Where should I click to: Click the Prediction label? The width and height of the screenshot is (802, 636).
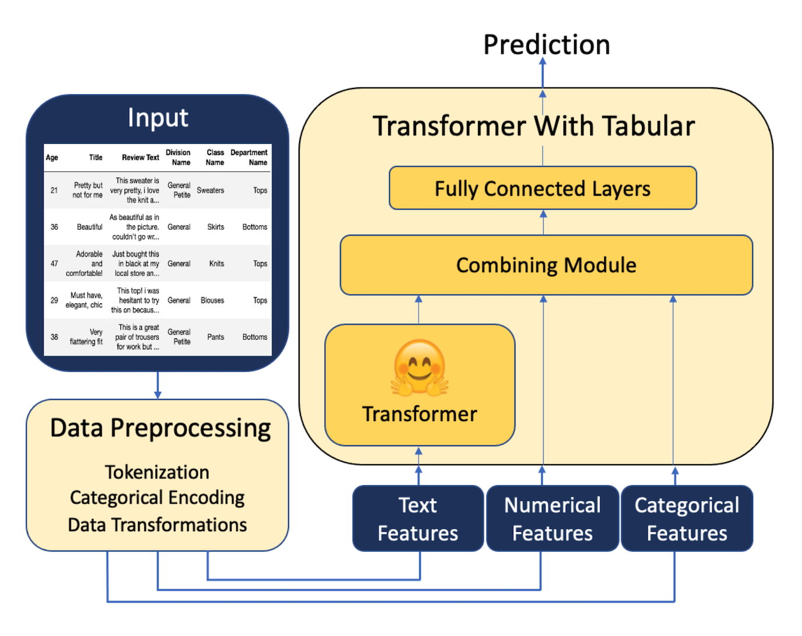point(547,45)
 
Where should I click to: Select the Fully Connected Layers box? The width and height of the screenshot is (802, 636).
point(542,188)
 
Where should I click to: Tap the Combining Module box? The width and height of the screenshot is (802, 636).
point(547,265)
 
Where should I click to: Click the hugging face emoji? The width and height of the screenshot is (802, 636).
point(420,368)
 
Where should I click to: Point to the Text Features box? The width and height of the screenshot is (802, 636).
point(418,518)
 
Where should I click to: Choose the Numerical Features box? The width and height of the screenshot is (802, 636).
point(553,518)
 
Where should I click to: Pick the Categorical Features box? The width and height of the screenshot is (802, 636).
point(687,518)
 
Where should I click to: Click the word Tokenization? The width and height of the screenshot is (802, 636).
point(157,472)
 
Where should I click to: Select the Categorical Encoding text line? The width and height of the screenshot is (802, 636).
point(157,499)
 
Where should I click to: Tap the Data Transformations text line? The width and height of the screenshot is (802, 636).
point(157,525)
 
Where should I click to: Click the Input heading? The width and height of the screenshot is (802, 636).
point(158,118)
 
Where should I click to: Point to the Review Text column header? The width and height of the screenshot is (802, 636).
point(140,157)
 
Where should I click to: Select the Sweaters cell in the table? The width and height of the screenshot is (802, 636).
point(211,190)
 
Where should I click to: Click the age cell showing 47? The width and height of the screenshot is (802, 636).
point(54,264)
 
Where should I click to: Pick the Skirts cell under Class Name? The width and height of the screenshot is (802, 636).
point(216,227)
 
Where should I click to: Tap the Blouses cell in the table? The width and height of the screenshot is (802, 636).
point(212,301)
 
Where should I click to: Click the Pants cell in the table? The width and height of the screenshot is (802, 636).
point(216,337)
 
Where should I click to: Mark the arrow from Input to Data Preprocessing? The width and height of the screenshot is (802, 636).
point(158,385)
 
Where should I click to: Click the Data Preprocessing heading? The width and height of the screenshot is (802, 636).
point(161,428)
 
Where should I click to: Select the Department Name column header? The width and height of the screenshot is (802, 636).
point(249,157)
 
